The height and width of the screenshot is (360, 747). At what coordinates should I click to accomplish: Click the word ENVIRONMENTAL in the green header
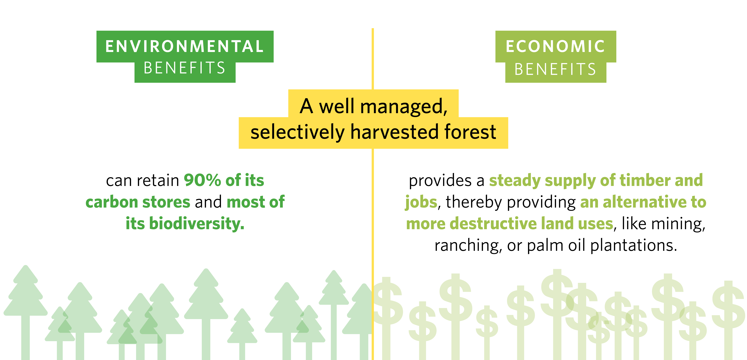point(184,46)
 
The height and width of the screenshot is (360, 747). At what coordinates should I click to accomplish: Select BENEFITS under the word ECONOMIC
point(555,69)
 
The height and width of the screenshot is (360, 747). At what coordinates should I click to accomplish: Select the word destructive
point(493,224)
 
